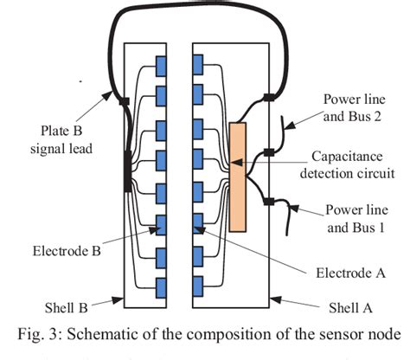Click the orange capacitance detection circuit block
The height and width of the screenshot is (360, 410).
(237, 177)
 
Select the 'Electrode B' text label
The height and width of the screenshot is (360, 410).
(73, 256)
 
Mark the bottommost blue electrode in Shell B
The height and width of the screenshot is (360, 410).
(161, 283)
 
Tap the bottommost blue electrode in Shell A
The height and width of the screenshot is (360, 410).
(197, 283)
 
